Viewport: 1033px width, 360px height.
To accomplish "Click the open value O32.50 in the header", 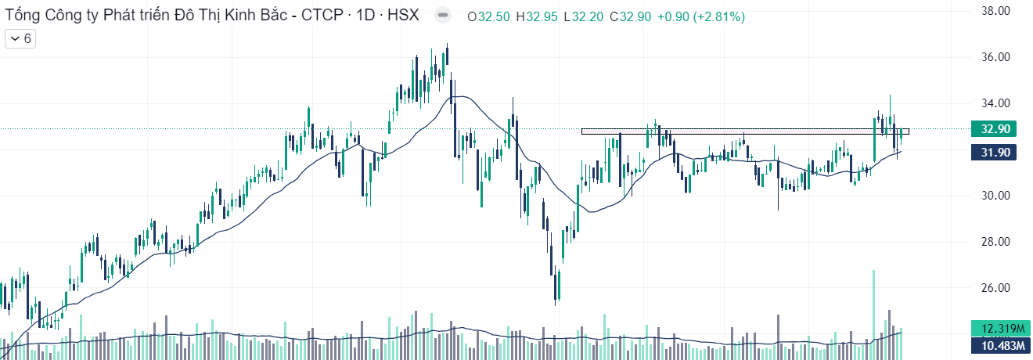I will click(488, 16).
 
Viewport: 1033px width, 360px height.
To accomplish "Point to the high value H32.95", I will click(537, 16).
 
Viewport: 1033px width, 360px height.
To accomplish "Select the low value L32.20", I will click(584, 16).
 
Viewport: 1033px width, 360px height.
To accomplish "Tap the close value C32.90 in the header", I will click(632, 16).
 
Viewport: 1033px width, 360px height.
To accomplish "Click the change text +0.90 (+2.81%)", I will click(702, 16).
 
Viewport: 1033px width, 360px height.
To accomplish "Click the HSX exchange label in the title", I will click(403, 15).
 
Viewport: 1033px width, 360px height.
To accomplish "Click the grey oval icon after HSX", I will click(443, 16).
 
